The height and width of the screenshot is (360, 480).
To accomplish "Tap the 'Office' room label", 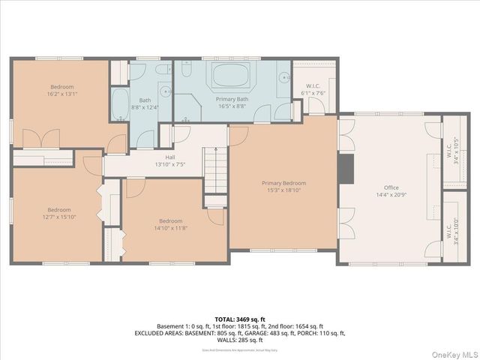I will tap(391, 187).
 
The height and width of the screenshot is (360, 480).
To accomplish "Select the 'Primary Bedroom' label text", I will tap(283, 183).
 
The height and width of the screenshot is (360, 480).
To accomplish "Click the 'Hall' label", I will tap(169, 157).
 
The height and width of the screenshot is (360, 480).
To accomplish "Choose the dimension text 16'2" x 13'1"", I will tap(62, 94).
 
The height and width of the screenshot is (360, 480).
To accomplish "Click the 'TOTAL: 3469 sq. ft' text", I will tap(240, 319).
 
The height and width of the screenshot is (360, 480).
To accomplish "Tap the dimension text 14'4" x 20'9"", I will tap(391, 195).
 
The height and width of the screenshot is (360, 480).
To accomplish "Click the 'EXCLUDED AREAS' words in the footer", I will tap(161, 333).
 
